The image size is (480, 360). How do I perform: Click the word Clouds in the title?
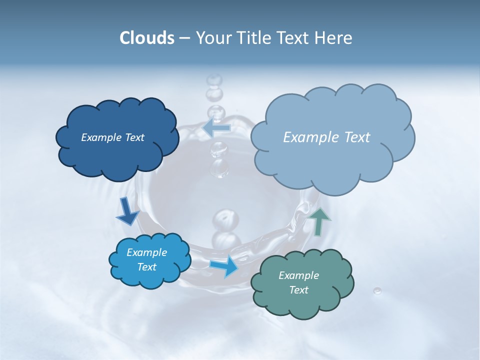coord(146,38)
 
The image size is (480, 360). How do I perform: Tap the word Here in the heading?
coord(334,38)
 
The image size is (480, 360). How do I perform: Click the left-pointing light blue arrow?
coord(216,128)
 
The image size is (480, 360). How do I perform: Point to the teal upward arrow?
coord(319,221)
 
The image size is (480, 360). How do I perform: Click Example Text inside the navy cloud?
coord(112,137)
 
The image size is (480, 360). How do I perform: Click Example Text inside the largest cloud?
coord(326,137)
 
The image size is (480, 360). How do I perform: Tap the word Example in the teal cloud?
coord(298,275)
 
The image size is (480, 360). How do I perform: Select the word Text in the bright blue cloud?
coord(146,267)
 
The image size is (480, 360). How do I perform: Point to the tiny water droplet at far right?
coord(377,291)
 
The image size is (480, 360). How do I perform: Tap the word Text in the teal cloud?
coord(298,290)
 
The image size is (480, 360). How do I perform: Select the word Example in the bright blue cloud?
coord(146,252)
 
